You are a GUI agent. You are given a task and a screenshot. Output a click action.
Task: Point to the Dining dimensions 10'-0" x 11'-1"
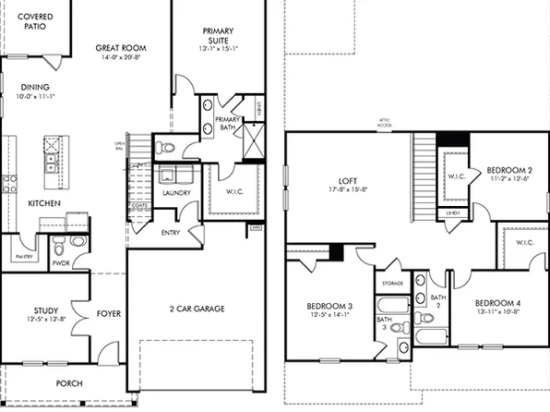pos(34,96)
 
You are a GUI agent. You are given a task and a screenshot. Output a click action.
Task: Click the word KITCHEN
pos(43,202)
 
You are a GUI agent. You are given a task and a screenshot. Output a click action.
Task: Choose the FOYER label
pos(108,313)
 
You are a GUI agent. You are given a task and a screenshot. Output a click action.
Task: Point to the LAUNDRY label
pos(174,193)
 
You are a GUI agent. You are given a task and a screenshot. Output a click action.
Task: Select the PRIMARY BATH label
pos(227,124)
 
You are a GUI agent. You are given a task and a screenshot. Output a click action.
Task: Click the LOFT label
pos(346,182)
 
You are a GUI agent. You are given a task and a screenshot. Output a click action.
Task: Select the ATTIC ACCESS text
pos(385,123)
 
